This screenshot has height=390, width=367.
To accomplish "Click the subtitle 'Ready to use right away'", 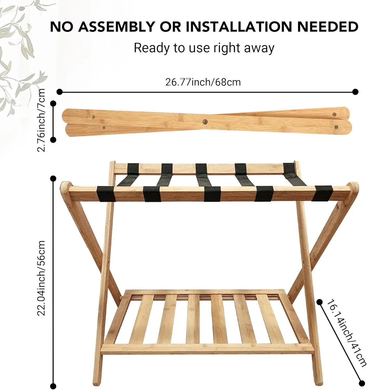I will coord(204,48).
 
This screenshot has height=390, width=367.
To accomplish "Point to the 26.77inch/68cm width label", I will coord(203,82).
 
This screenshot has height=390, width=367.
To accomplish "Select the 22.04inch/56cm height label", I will coord(42,278).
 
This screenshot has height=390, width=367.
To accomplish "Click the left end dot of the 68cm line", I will coord(60,92).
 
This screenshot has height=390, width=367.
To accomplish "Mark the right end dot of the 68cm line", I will coord(356,92).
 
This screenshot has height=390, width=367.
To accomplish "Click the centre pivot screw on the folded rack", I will coord(205,121).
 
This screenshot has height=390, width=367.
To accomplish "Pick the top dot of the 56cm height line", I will coord(53,179).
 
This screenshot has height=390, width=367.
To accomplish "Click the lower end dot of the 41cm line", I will coord(362,382).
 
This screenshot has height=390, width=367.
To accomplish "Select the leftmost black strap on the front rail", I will coord(106,194).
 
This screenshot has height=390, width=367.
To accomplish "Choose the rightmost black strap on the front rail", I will coord(322,193).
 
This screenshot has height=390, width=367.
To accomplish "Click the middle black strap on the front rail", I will coord(212,194).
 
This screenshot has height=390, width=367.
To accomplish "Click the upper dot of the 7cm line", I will coord(53,104).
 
